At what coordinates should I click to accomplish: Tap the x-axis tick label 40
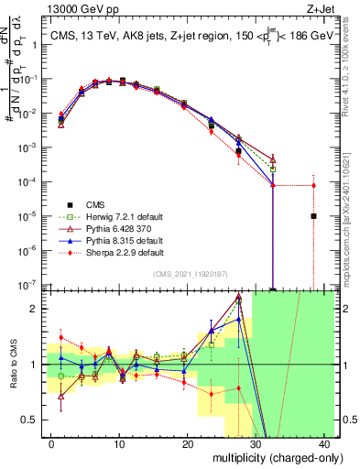324,442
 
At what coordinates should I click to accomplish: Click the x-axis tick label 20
187,442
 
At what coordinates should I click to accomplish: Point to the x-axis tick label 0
50,442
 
